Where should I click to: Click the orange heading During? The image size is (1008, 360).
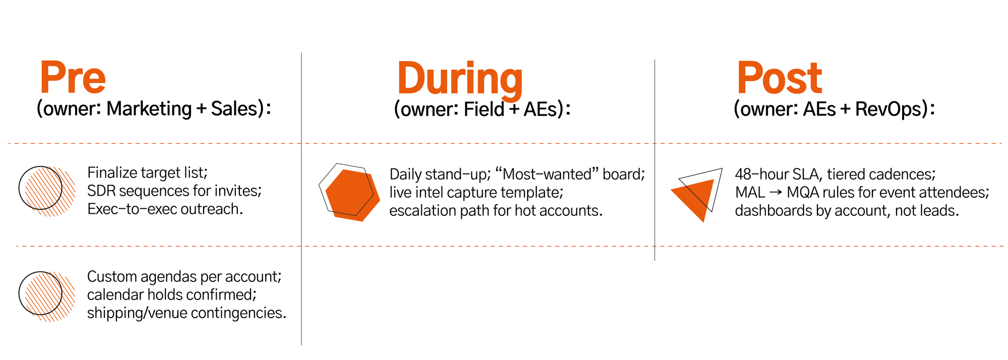click(460, 80)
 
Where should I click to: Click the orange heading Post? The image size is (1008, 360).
click(780, 78)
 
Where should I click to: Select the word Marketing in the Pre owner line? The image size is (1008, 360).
click(149, 109)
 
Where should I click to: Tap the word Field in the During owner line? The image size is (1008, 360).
click(484, 109)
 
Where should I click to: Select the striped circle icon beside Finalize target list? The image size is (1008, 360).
click(47, 191)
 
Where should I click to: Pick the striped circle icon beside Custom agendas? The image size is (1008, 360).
click(47, 296)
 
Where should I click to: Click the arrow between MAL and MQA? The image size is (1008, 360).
click(776, 193)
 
